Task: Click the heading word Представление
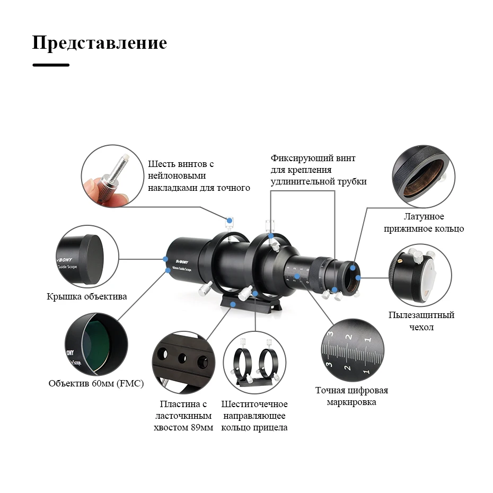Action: (x=99, y=43)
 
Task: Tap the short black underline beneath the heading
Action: (x=51, y=65)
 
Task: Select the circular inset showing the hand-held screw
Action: (x=112, y=175)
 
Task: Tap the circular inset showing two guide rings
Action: (x=254, y=362)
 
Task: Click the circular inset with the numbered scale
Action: (x=352, y=350)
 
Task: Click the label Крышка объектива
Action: (x=87, y=297)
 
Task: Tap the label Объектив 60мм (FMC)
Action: (x=96, y=384)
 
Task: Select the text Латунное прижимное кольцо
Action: (x=424, y=223)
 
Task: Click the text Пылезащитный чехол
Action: (x=421, y=321)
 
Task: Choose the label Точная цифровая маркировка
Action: (x=351, y=397)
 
